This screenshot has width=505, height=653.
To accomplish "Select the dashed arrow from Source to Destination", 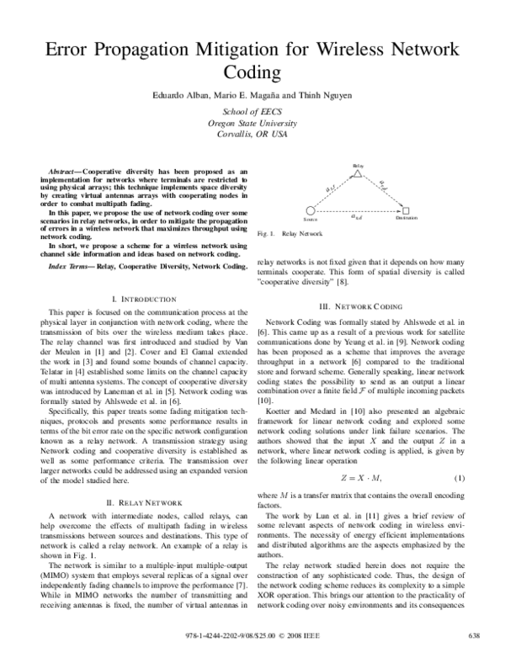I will (358, 210).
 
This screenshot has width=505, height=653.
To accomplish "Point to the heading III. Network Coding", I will (371, 305).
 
